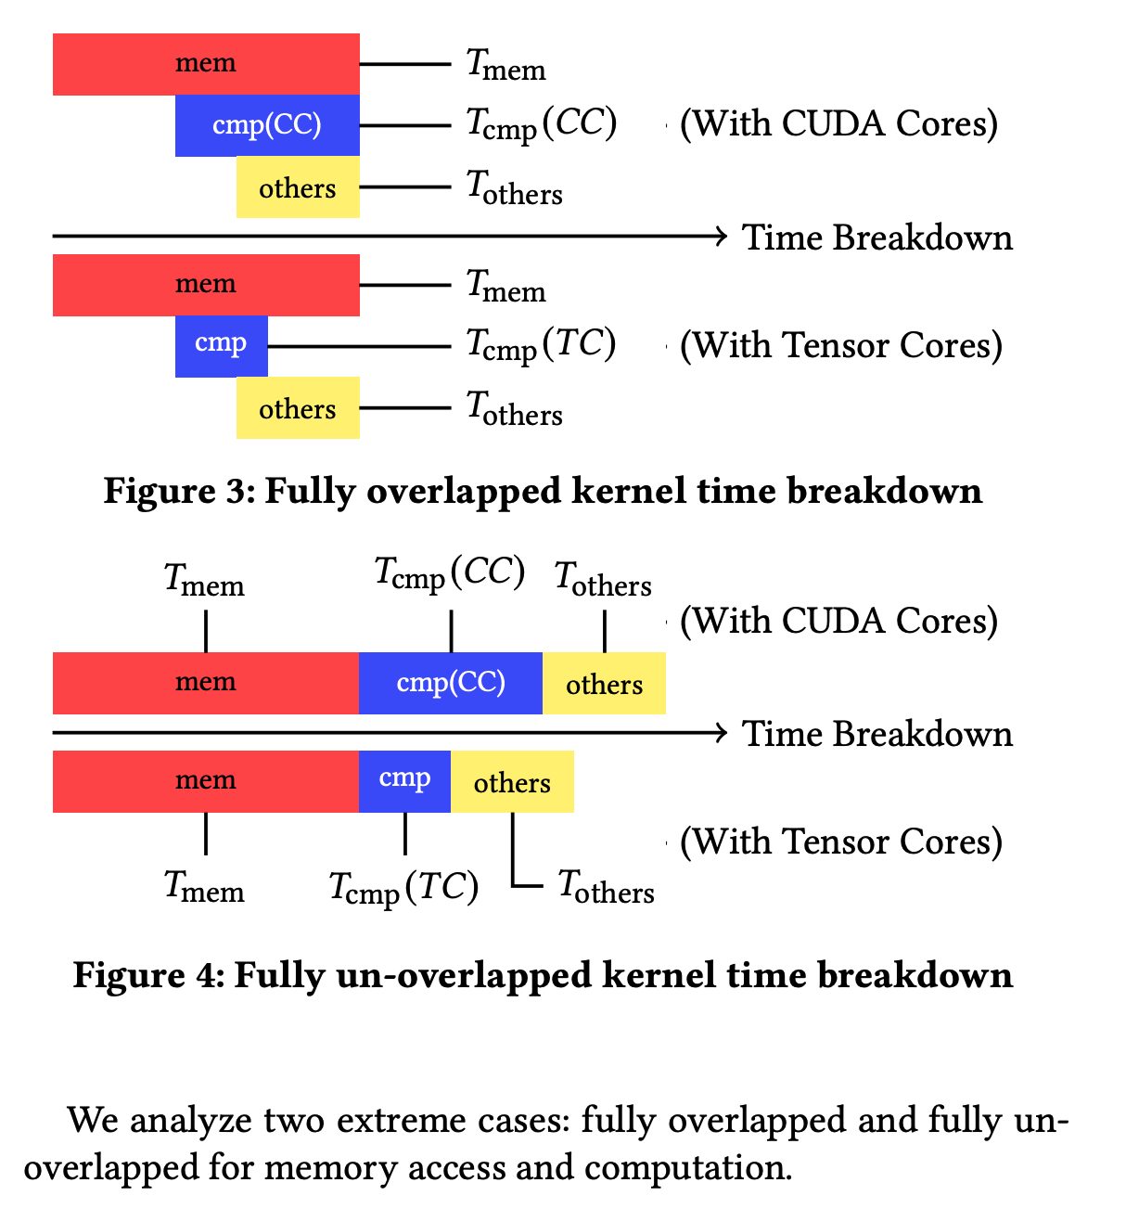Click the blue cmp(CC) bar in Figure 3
(267, 125)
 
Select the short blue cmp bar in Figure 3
(221, 346)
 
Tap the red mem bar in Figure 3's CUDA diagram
(206, 64)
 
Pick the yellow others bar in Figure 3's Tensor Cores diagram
(298, 408)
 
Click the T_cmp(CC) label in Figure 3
(541, 124)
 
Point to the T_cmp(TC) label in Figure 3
(541, 345)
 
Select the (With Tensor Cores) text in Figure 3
(840, 345)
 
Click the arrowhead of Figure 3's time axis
(721, 237)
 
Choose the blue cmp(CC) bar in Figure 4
(451, 684)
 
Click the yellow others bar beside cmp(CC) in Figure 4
(604, 684)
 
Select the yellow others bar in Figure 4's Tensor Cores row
(512, 782)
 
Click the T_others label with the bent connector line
(606, 887)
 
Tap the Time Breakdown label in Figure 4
(876, 734)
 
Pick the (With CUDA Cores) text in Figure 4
(838, 621)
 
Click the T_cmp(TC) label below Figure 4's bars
(403, 889)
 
